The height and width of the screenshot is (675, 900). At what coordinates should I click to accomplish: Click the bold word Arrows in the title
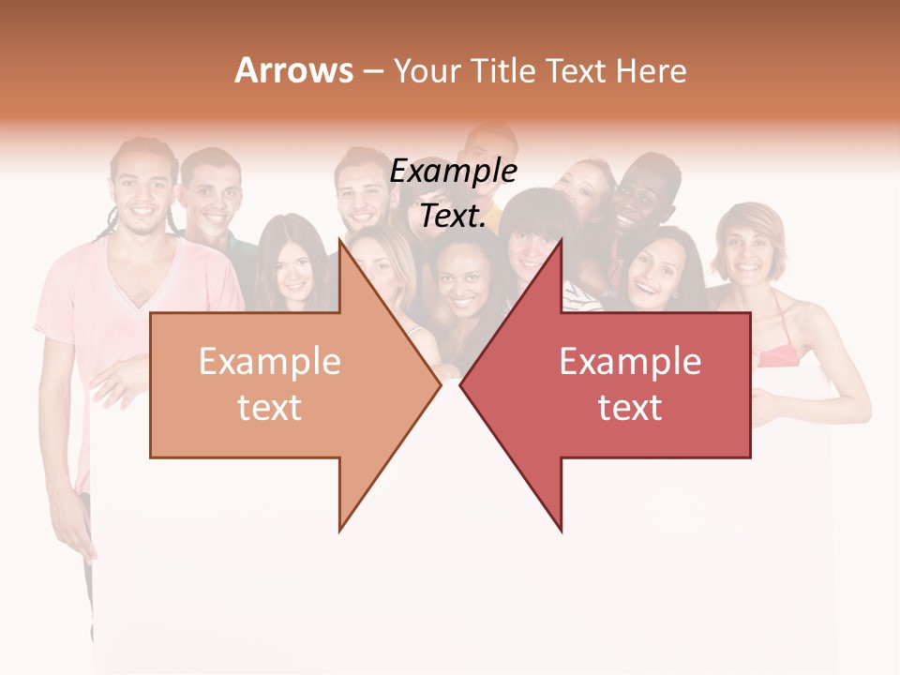pyautogui.click(x=293, y=70)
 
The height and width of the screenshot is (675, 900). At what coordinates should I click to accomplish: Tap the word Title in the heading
pyautogui.click(x=500, y=71)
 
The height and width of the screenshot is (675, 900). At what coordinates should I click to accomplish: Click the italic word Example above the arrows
pyautogui.click(x=454, y=172)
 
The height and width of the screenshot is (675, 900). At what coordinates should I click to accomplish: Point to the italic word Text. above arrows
pyautogui.click(x=453, y=217)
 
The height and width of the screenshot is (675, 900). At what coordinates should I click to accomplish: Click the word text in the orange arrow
pyautogui.click(x=269, y=408)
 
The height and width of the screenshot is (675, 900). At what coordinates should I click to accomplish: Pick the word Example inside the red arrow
pyautogui.click(x=630, y=362)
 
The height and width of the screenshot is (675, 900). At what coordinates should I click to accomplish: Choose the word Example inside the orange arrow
pyautogui.click(x=269, y=362)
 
